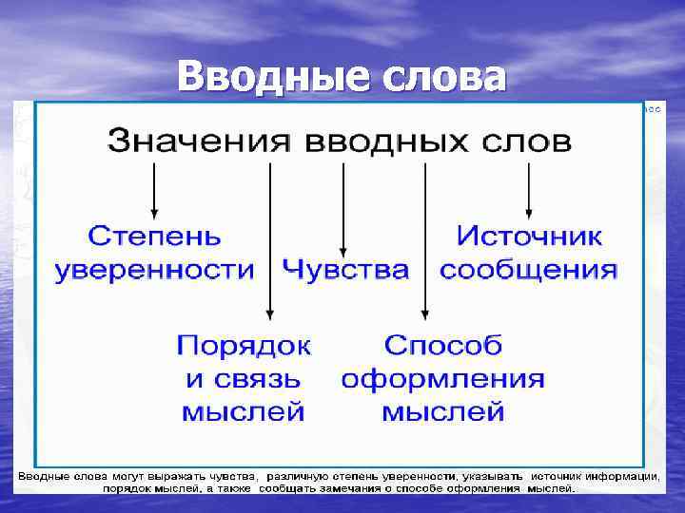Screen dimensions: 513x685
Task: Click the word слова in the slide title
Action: [x=442, y=77]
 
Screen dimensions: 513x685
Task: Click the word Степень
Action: [x=154, y=235]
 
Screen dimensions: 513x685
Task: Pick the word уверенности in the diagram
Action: [x=154, y=269]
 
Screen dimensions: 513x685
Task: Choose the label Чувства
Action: [x=345, y=269]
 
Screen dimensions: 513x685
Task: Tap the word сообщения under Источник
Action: [x=529, y=269]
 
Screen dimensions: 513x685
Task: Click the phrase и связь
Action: [x=244, y=378]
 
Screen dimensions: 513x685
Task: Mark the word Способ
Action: [x=442, y=343]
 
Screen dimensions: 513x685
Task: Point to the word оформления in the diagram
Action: [x=442, y=378]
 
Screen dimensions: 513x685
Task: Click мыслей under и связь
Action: [x=244, y=412]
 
